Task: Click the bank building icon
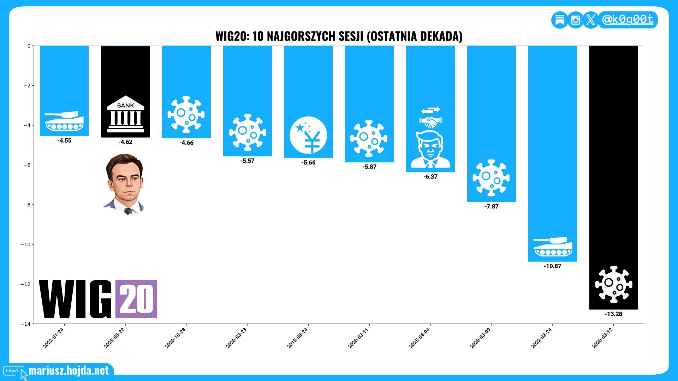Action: click(x=125, y=114)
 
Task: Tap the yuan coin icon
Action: click(x=308, y=135)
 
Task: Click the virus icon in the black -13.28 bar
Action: click(x=614, y=284)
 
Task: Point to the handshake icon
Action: click(x=430, y=122)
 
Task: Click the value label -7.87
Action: click(x=492, y=207)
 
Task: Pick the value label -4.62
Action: click(x=125, y=142)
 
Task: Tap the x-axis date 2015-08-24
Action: click(x=297, y=338)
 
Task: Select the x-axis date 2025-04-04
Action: click(x=420, y=338)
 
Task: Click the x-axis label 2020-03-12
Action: click(x=602, y=338)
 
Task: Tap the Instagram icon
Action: click(x=575, y=20)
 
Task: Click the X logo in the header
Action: click(x=591, y=20)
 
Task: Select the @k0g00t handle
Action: click(x=628, y=19)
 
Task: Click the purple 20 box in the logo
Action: click(x=136, y=299)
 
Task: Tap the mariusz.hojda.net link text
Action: click(x=69, y=371)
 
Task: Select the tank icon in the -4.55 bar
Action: click(x=64, y=121)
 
